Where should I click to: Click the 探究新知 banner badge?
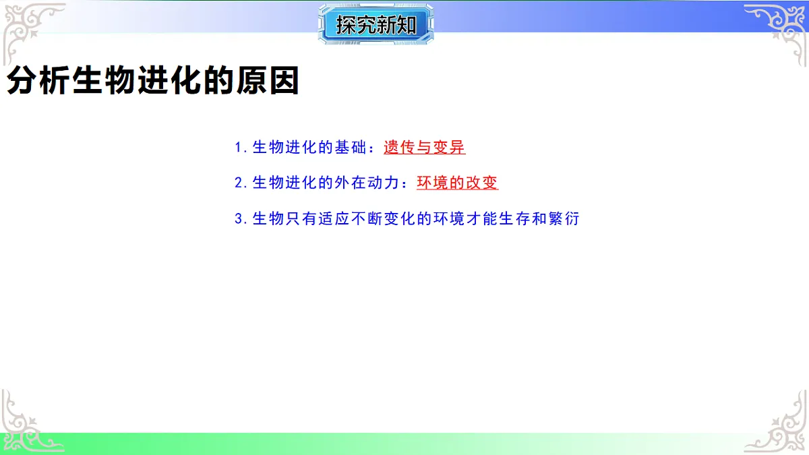coord(376,25)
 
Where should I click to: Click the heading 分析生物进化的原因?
coord(152,82)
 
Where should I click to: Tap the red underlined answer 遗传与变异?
coord(425,147)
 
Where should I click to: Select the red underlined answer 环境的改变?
coord(457,183)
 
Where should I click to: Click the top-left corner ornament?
coord(30,30)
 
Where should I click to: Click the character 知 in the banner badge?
coord(408,25)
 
